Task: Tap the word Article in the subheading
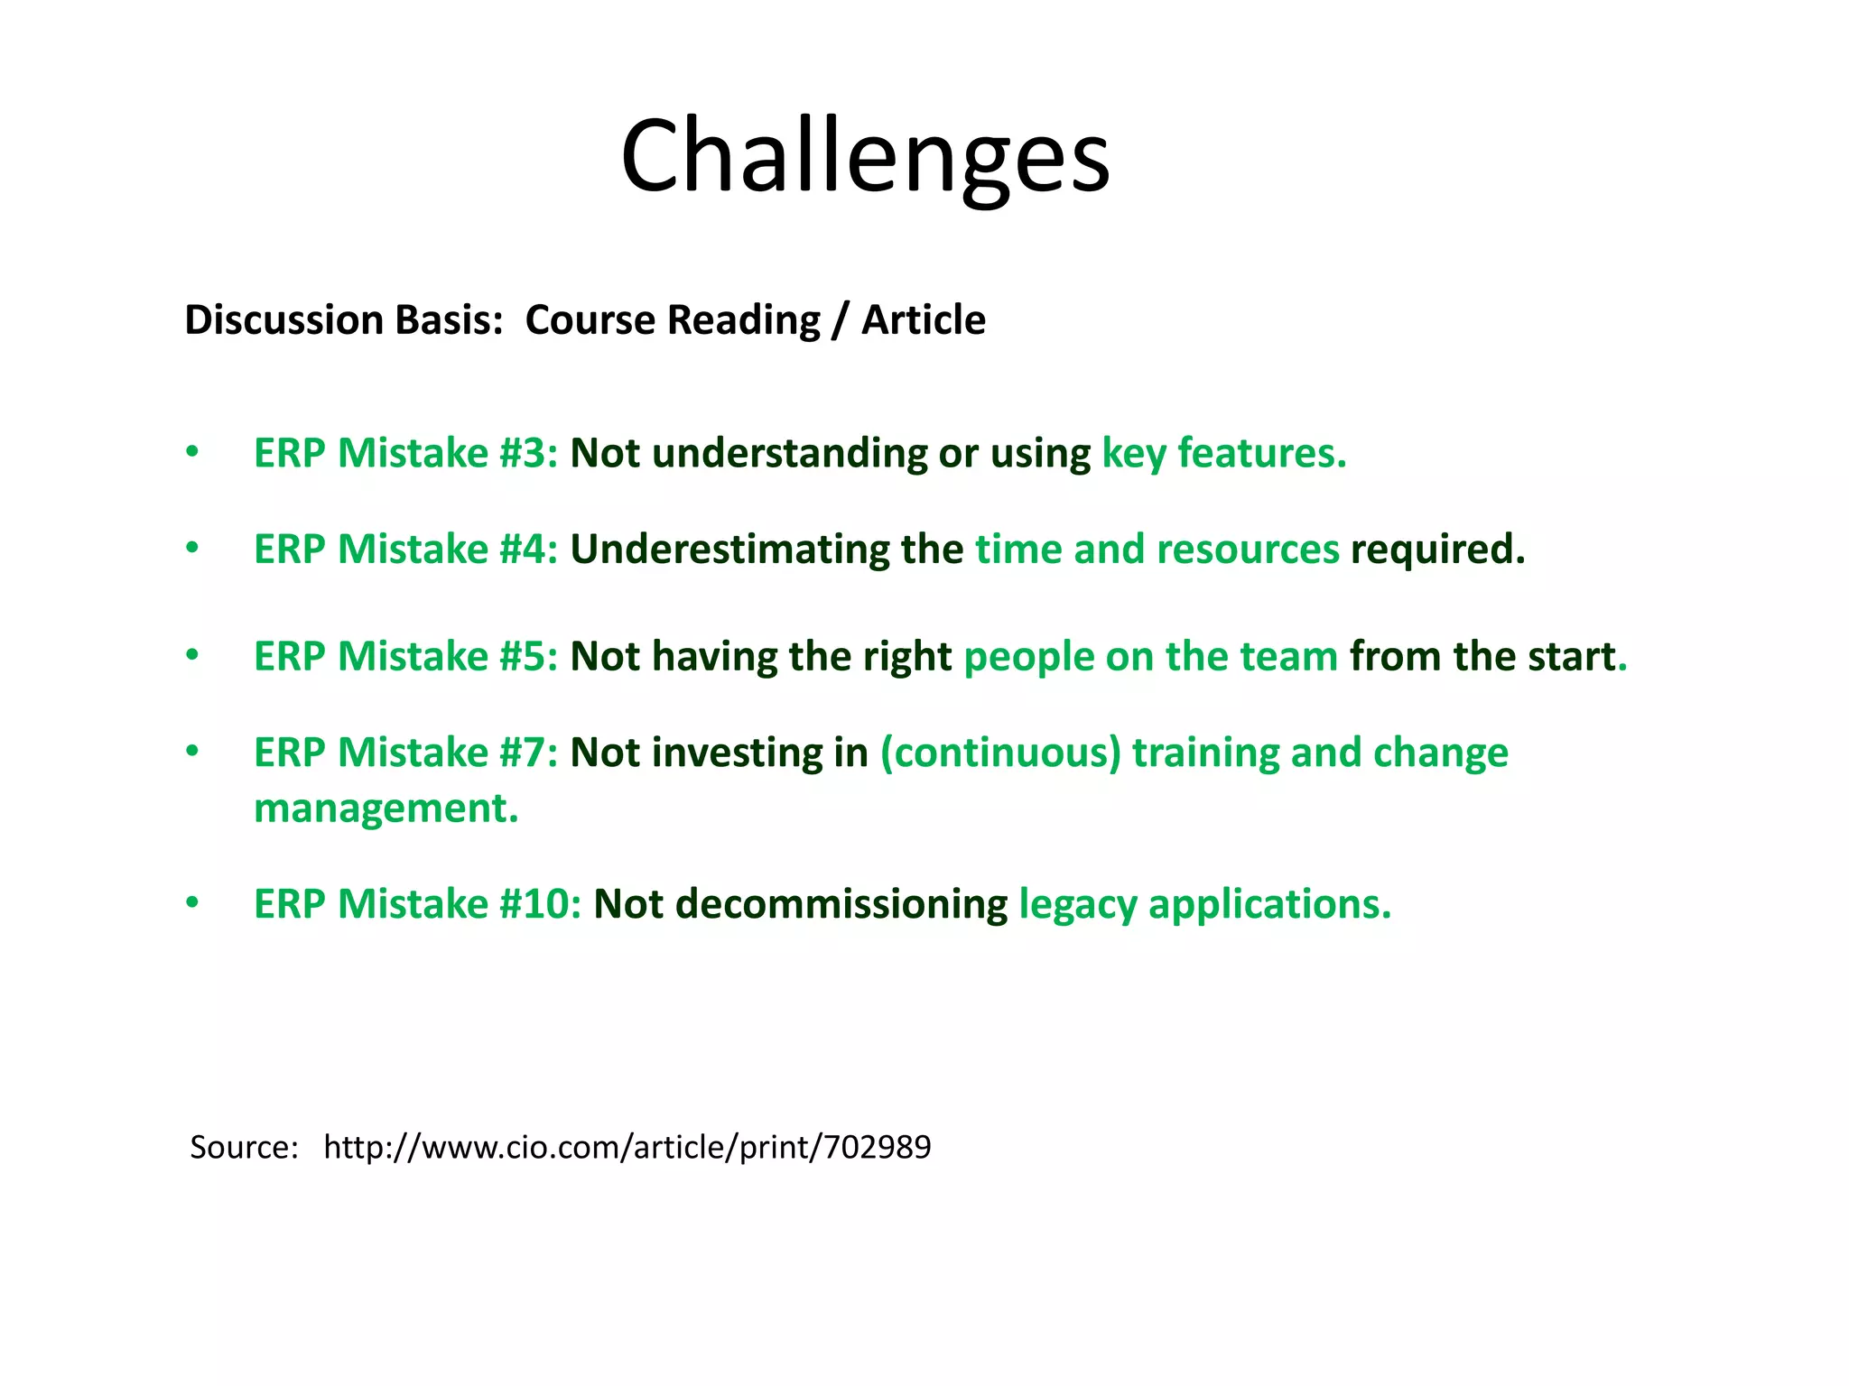coord(923,320)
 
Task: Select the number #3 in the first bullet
coord(529,453)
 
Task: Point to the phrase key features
coord(1223,453)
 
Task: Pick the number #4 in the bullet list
coord(529,550)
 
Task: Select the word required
coord(1436,550)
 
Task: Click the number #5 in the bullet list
coord(529,657)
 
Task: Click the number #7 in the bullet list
coord(529,753)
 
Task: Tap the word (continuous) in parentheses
coord(1000,753)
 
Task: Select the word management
coord(386,808)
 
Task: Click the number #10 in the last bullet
coord(540,904)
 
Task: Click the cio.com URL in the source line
coord(627,1147)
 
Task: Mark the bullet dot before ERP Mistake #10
coord(191,902)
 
